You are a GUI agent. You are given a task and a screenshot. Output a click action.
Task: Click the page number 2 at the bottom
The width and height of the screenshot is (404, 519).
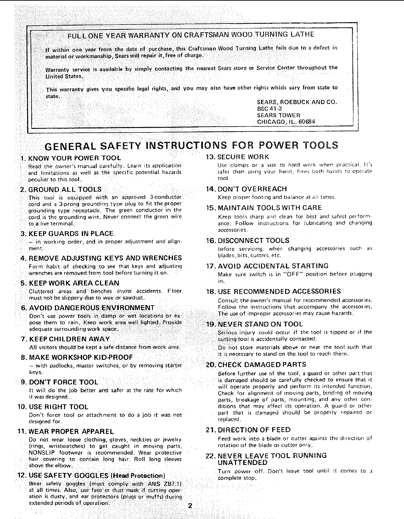pyautogui.click(x=190, y=506)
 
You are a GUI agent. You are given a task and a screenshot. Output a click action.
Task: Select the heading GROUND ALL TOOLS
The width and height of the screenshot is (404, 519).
pyautogui.click(x=65, y=189)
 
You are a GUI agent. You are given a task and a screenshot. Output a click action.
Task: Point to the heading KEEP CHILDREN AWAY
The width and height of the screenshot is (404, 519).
pyautogui.click(x=70, y=339)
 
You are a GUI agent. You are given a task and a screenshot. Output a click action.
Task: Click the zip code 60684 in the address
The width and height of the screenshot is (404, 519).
pyautogui.click(x=307, y=121)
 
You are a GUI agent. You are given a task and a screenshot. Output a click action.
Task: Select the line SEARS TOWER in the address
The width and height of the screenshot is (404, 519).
pyautogui.click(x=278, y=115)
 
